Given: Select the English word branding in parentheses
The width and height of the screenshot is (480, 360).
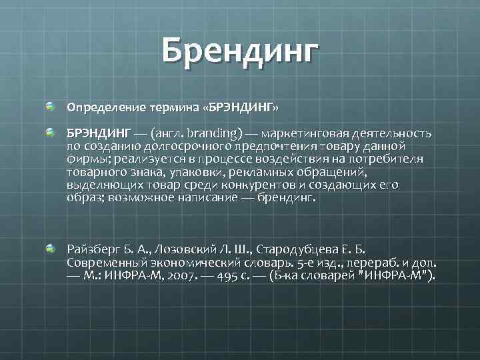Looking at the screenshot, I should coord(211,134).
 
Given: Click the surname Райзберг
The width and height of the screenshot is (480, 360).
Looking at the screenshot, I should coord(93,249).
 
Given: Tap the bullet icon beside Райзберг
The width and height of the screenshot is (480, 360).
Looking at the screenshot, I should coord(50,249).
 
